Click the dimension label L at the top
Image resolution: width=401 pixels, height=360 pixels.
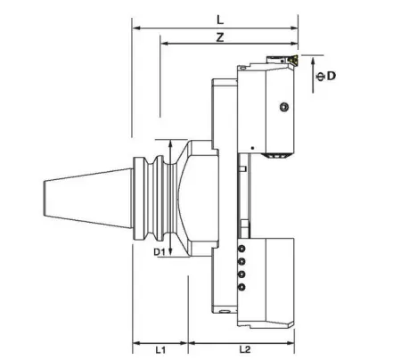click(219, 18)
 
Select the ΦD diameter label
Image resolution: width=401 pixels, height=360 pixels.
click(328, 78)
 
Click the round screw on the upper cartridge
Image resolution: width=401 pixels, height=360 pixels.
click(283, 108)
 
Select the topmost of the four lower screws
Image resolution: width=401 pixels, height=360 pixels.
click(241, 249)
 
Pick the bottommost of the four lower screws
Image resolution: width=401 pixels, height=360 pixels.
click(241, 287)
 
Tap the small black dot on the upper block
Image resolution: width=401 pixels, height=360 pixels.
click(253, 147)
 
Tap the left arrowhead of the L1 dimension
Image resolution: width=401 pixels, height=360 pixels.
click(136, 341)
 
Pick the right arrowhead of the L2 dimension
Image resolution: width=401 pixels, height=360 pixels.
click(294, 341)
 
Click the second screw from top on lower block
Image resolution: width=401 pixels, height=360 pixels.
click(241, 261)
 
